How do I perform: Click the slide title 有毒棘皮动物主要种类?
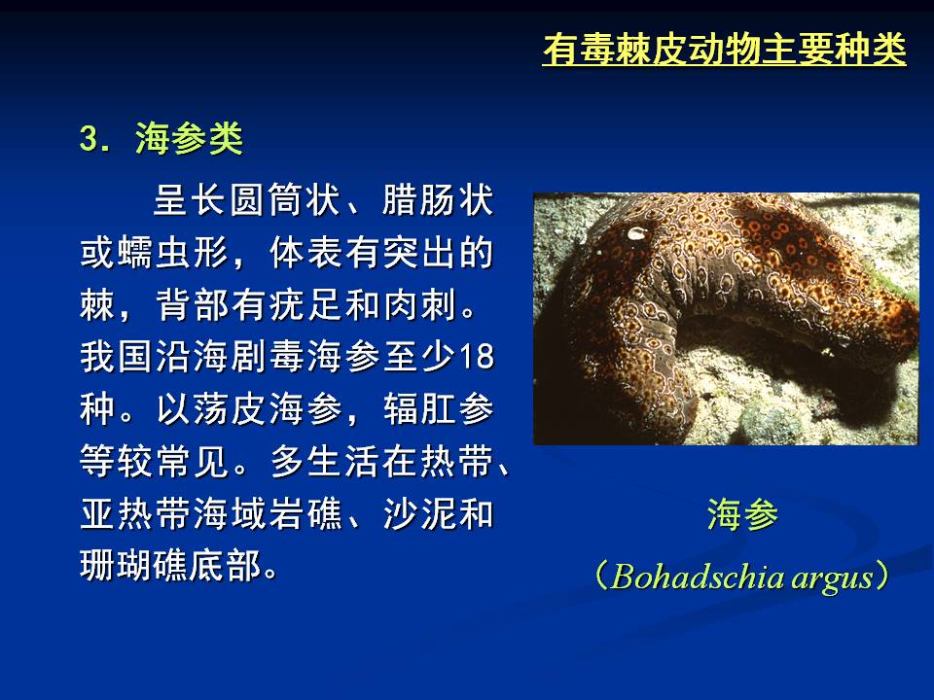[x=724, y=49]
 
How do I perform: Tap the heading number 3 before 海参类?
[x=89, y=139]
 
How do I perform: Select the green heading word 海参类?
[x=190, y=139]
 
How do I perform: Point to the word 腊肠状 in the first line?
[x=438, y=200]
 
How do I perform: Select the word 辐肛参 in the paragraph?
[x=439, y=409]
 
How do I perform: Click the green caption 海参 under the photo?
[x=742, y=514]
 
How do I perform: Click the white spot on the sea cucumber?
[x=636, y=232]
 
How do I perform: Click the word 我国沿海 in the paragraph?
[x=155, y=357]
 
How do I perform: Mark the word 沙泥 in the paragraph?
[x=419, y=513]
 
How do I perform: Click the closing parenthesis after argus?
[x=882, y=577]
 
